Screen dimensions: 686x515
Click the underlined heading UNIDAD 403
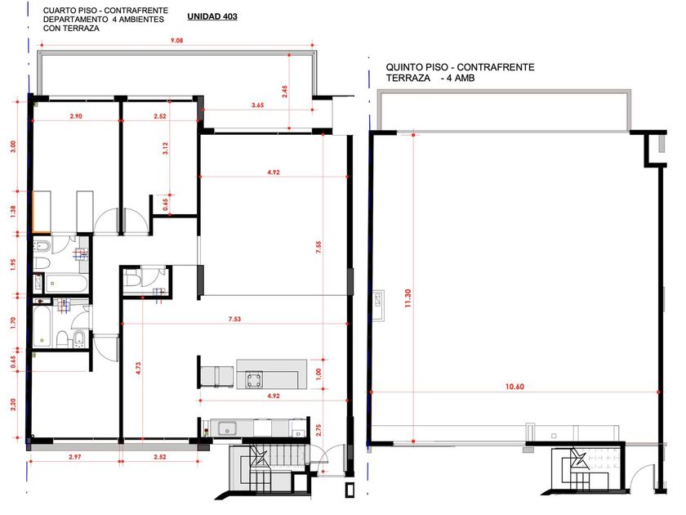click(x=212, y=16)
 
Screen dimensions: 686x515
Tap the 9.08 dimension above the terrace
click(x=176, y=40)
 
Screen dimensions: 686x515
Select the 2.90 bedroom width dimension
click(x=76, y=116)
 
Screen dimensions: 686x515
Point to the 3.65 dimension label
click(x=258, y=105)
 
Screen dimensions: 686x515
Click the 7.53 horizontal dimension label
click(x=234, y=319)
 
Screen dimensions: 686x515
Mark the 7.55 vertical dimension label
click(x=318, y=248)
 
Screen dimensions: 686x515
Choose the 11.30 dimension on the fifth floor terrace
click(x=408, y=298)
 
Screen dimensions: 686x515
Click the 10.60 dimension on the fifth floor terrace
click(x=514, y=387)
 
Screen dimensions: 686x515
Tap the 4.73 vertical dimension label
click(x=138, y=368)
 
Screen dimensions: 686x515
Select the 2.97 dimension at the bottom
click(x=75, y=457)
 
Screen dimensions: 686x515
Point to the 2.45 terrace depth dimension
click(x=285, y=91)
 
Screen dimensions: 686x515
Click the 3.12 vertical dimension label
click(x=165, y=149)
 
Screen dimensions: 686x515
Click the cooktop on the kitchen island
click(x=254, y=379)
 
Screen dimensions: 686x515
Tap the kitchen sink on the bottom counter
click(x=227, y=428)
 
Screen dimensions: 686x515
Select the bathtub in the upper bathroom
click(x=65, y=284)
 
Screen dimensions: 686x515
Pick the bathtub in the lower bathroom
click(x=42, y=327)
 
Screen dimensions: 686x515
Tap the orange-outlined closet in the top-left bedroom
click(x=42, y=213)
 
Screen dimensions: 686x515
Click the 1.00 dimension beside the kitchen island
click(x=318, y=374)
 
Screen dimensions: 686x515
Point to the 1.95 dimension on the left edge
click(x=13, y=265)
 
